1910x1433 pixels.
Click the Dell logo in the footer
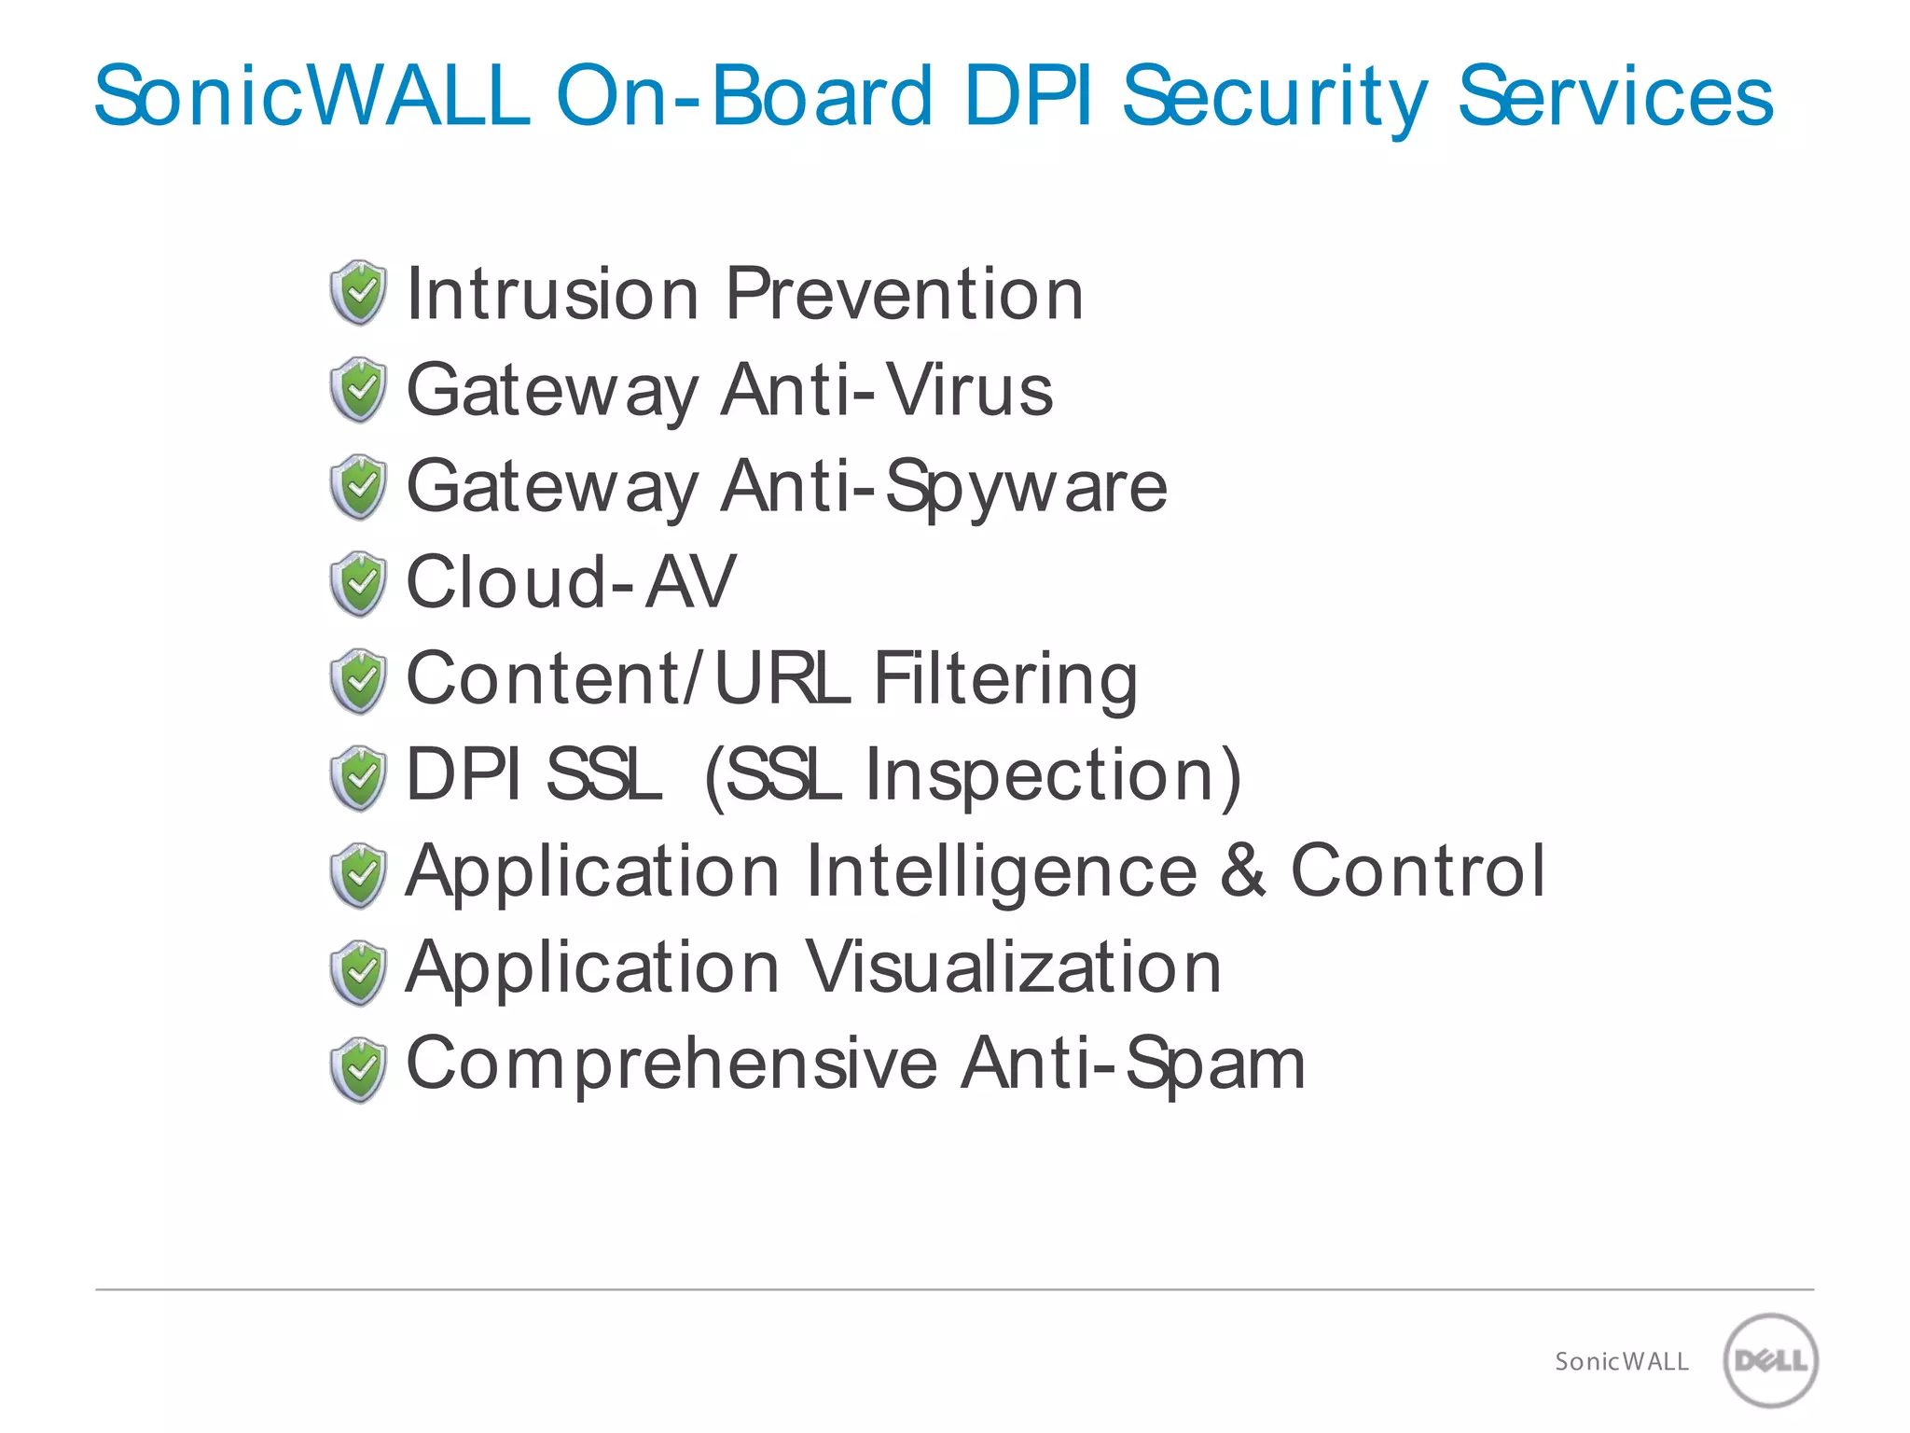(1770, 1359)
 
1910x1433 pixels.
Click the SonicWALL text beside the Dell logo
(1621, 1362)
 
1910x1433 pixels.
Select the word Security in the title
(1274, 97)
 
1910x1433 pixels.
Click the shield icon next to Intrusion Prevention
(358, 293)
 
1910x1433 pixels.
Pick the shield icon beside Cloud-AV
(358, 584)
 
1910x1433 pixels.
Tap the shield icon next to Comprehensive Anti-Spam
(358, 1069)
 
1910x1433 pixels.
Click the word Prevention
(904, 294)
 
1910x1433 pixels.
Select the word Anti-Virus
(887, 390)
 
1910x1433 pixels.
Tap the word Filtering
(1005, 679)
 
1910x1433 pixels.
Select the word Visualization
(1013, 967)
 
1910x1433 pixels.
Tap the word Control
(1418, 870)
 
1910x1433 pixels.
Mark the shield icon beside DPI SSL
(358, 778)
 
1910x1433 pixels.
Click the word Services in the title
(1614, 96)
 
